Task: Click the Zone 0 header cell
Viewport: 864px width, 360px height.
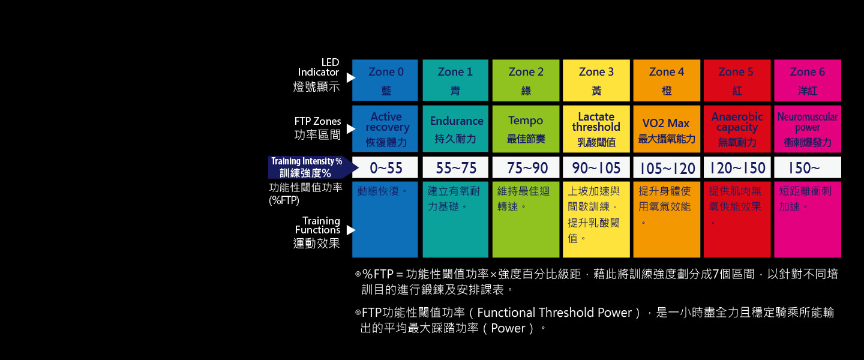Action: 385,80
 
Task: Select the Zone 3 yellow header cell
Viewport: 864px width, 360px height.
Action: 596,80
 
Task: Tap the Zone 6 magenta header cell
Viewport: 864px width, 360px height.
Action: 808,80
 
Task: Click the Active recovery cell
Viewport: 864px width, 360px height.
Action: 385,129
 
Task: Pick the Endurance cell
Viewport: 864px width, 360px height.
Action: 455,129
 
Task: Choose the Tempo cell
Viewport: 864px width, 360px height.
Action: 526,129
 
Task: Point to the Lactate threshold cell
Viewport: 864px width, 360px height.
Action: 596,129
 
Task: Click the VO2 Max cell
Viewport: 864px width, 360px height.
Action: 667,129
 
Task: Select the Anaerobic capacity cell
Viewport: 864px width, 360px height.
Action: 737,129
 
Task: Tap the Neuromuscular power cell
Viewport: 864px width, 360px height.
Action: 808,129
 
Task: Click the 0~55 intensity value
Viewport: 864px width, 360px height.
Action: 386,168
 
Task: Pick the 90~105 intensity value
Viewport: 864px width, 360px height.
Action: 596,168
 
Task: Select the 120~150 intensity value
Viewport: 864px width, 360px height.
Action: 737,168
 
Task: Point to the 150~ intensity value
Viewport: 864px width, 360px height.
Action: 804,168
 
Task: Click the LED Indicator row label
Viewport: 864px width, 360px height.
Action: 317,75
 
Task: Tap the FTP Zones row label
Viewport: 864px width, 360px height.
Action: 317,128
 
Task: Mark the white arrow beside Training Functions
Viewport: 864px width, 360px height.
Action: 350,230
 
